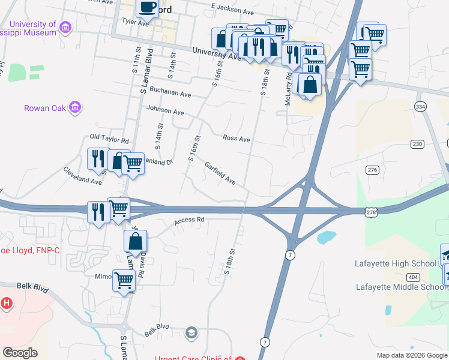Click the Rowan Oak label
[x=44, y=109]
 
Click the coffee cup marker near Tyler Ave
[x=146, y=8]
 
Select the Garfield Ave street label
[x=220, y=173]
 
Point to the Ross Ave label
[x=236, y=139]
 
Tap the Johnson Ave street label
[x=164, y=112]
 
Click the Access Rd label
[x=190, y=220]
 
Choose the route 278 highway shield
[x=372, y=212]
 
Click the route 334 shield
[x=420, y=106]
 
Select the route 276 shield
[x=373, y=170]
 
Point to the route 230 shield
[x=417, y=144]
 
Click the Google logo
[x=20, y=353]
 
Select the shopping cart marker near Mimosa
[x=124, y=280]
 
